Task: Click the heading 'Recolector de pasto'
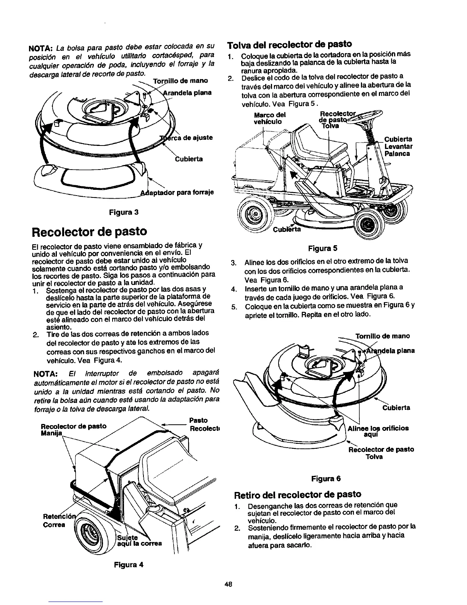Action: (x=90, y=231)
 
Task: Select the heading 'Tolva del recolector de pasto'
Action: (x=289, y=44)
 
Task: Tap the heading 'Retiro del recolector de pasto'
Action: (x=298, y=494)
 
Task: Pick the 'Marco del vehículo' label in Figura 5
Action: (x=270, y=118)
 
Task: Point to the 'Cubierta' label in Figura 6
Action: (x=396, y=408)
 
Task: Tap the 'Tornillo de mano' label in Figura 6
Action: (x=383, y=336)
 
